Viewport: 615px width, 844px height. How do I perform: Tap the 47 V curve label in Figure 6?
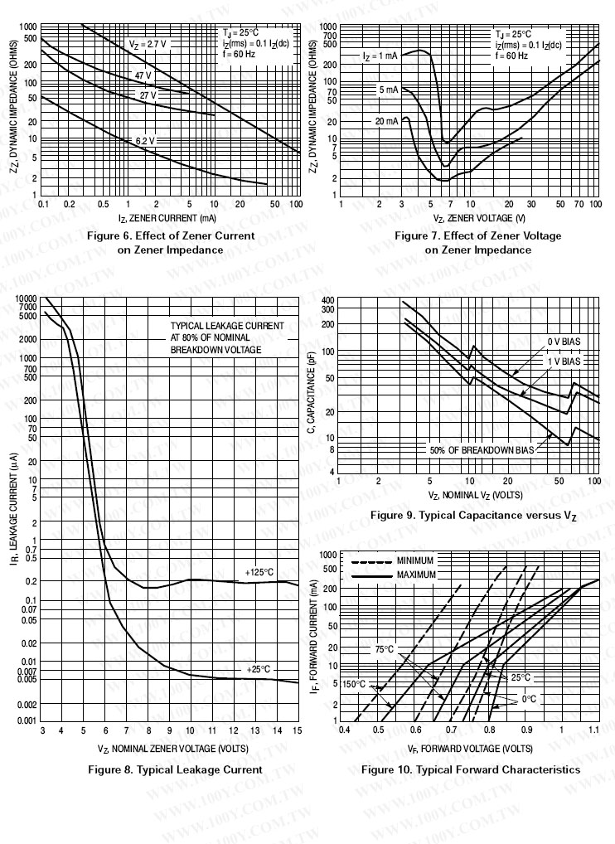143,75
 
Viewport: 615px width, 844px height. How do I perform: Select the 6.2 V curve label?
146,141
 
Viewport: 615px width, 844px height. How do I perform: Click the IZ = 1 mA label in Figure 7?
380,56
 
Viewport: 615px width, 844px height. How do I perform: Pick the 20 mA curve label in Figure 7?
386,121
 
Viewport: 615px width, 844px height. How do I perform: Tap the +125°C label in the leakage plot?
259,572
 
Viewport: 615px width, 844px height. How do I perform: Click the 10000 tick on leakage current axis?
25,298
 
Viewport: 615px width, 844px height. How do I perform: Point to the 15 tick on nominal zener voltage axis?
298,730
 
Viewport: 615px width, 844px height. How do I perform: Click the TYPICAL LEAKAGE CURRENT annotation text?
227,337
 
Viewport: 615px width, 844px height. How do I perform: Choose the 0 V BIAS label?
564,342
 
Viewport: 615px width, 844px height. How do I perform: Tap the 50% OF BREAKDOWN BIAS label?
481,450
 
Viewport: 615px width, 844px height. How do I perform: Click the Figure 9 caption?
472,516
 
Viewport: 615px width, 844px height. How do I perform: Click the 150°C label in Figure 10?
354,685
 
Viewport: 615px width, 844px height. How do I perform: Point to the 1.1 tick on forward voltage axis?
593,730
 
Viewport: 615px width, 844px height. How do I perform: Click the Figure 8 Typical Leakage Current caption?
175,769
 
